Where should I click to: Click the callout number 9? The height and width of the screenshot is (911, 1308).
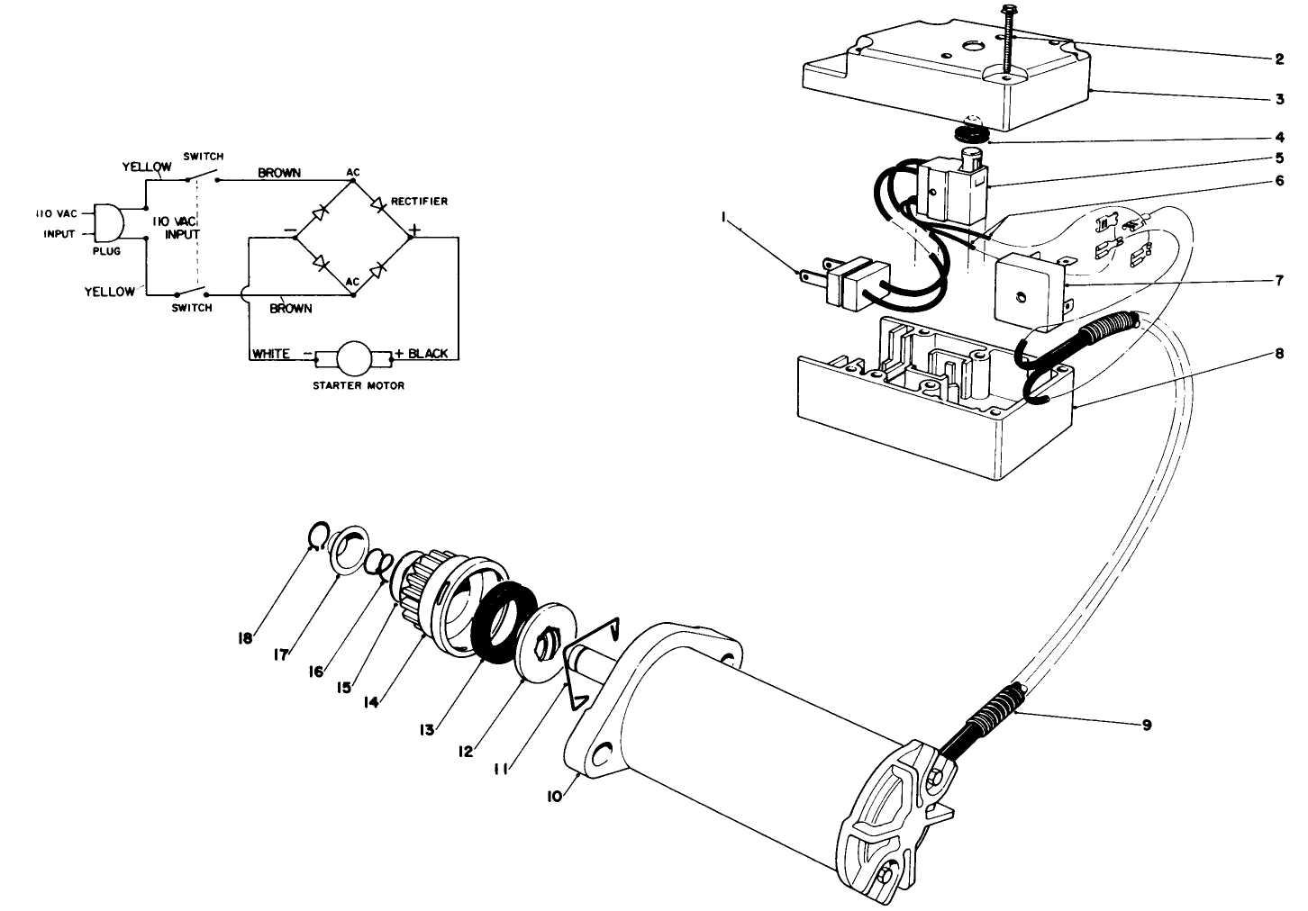coord(1146,725)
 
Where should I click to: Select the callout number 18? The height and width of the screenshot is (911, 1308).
coord(245,638)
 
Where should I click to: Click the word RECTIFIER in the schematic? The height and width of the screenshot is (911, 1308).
coord(419,201)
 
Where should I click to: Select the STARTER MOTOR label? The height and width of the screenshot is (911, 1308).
coord(358,385)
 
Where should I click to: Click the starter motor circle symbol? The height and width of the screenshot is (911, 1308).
coord(353,356)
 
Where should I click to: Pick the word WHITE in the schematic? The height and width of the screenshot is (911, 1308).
coord(270,354)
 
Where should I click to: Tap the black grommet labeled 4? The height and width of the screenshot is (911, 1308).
coord(971,133)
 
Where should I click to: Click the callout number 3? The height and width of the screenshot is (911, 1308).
coord(1278,100)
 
